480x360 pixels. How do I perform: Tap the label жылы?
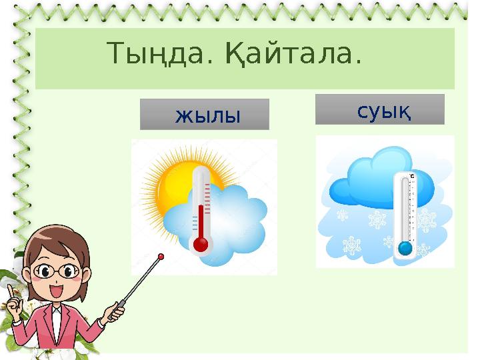pyautogui.click(x=207, y=115)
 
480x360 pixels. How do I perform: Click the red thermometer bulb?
pyautogui.click(x=200, y=245)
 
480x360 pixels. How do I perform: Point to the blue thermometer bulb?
pyautogui.click(x=405, y=249)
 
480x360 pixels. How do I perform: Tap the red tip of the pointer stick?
pyautogui.click(x=161, y=255)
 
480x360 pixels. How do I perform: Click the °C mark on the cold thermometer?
pyautogui.click(x=412, y=177)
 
